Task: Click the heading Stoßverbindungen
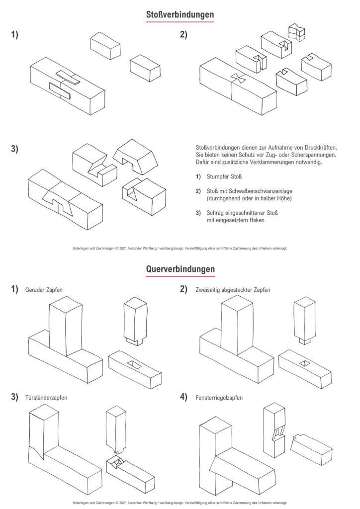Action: point(180,15)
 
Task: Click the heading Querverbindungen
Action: point(180,269)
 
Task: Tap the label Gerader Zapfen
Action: point(44,290)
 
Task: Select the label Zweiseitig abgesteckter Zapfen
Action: point(233,290)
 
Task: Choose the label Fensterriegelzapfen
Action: point(219,398)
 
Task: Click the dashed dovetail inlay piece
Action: point(297,31)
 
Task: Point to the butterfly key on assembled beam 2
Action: point(239,79)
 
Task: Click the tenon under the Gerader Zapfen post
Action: point(134,341)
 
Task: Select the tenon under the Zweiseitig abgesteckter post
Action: point(305,340)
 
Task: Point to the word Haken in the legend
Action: point(256,220)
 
